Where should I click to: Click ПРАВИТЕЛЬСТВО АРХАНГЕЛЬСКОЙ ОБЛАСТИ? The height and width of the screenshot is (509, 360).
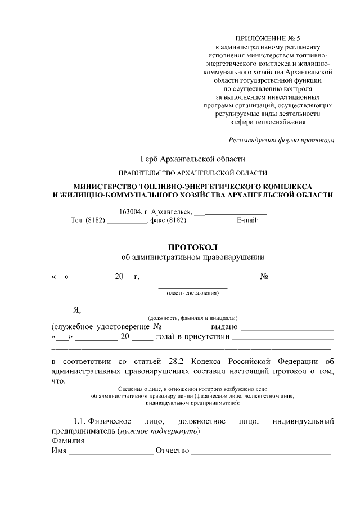(x=192, y=173)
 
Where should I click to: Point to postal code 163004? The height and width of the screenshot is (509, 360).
(x=130, y=211)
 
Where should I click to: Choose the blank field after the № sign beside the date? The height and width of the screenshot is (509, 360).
(x=302, y=277)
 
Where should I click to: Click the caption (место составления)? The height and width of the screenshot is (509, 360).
(x=192, y=293)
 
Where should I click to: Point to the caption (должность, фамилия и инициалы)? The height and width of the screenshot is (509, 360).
(x=192, y=318)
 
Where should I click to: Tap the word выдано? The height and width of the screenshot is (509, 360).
(x=224, y=327)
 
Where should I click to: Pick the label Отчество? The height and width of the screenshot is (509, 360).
(x=172, y=452)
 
